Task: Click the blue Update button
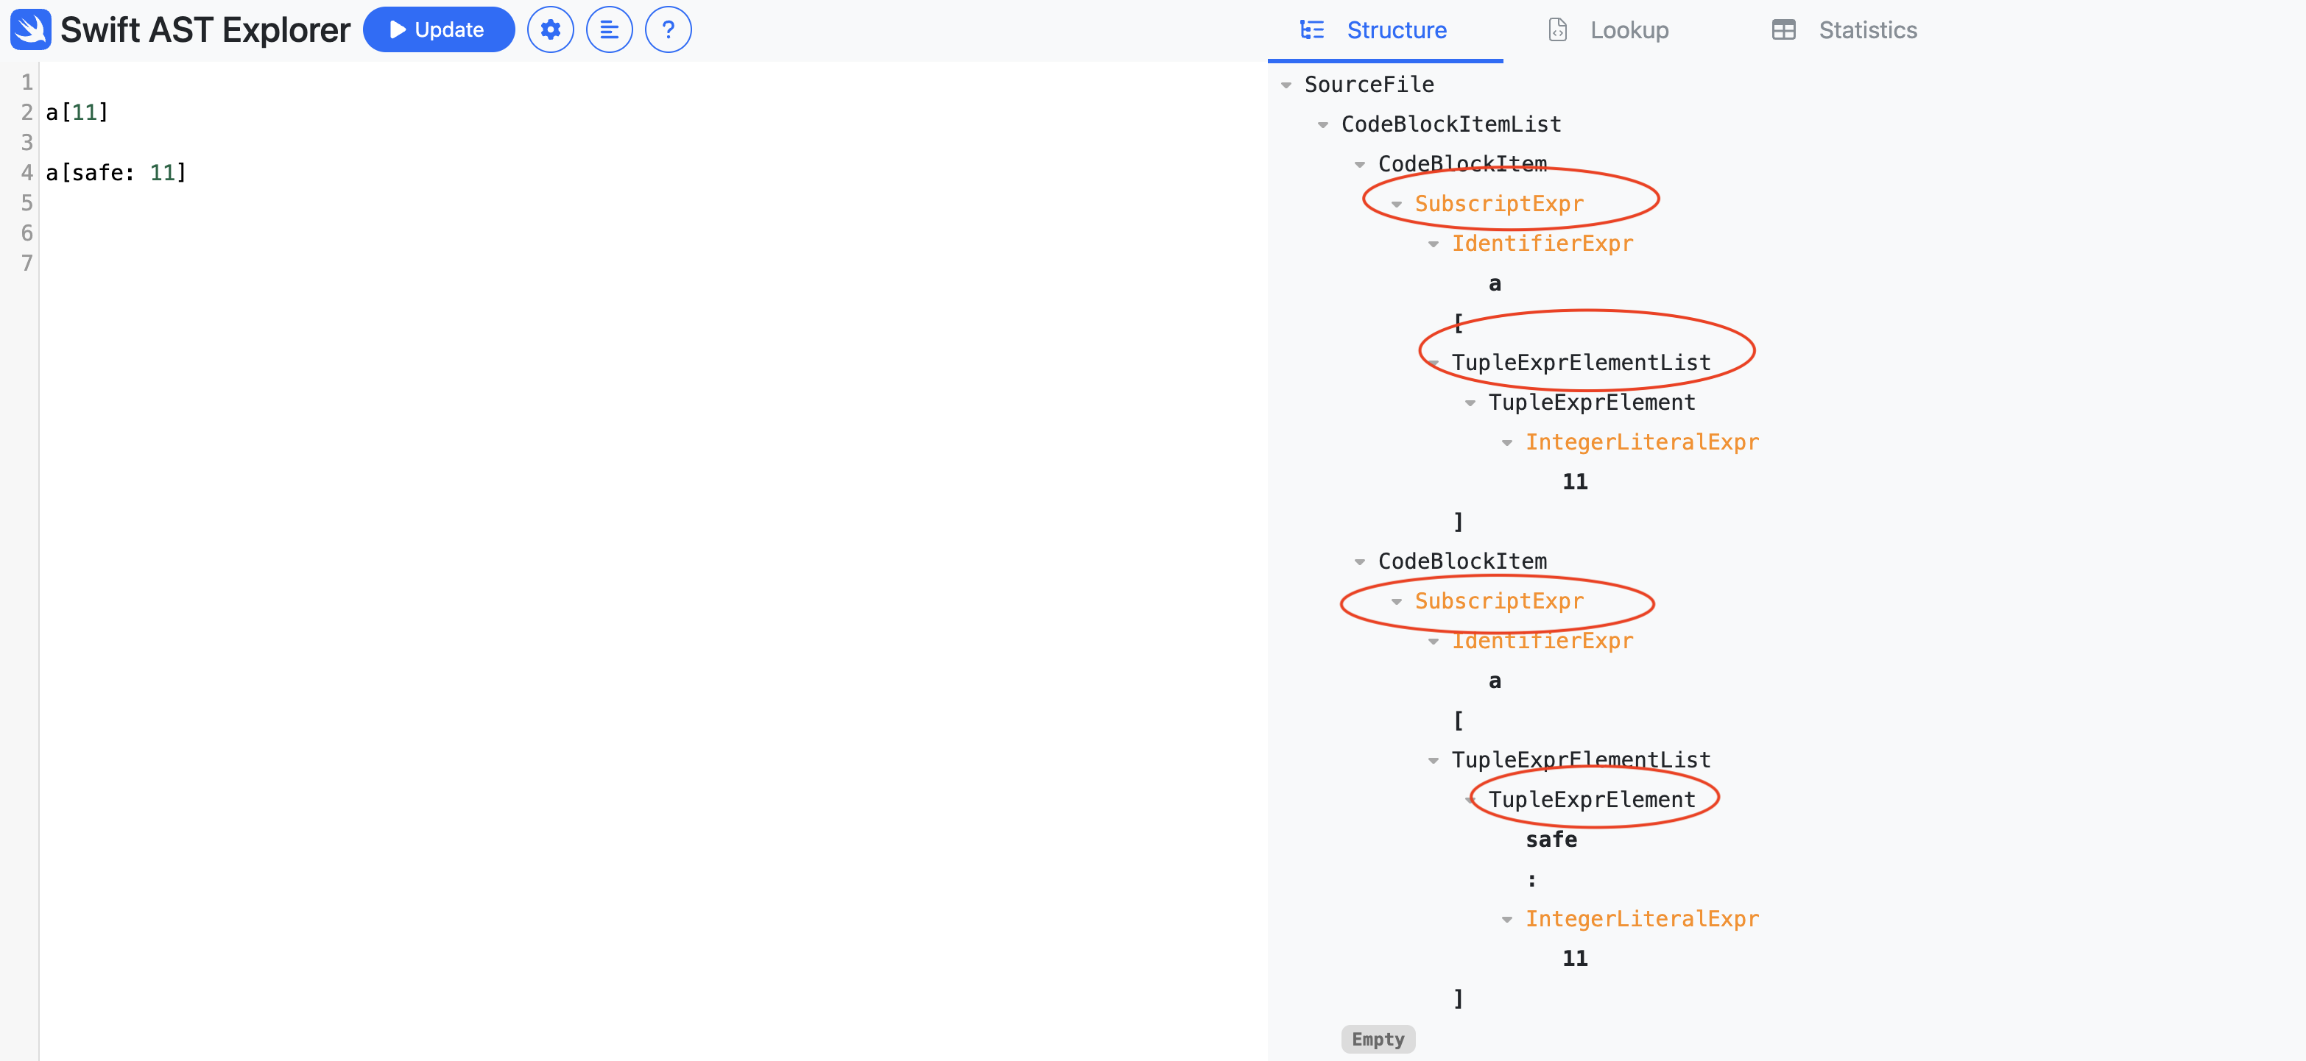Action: (439, 29)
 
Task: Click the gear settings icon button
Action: (551, 29)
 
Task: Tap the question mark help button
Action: (668, 29)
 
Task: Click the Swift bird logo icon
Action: (30, 29)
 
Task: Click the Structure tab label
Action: (1397, 30)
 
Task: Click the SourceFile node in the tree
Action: (1369, 84)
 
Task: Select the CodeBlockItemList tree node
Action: (1451, 124)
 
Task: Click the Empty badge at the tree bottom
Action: (1378, 1039)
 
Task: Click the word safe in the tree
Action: (1551, 839)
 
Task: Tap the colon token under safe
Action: (1531, 879)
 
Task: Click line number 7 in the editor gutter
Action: (27, 263)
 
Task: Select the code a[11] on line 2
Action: (77, 112)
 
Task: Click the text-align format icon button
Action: (609, 29)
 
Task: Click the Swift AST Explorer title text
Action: (205, 29)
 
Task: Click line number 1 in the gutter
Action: (27, 82)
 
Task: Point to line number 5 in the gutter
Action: (27, 203)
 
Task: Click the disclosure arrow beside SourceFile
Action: (1286, 85)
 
